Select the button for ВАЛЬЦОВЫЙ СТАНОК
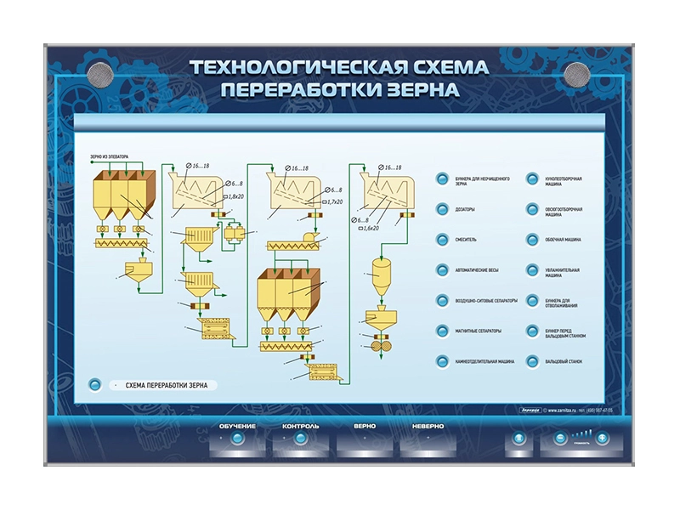pyautogui.click(x=533, y=361)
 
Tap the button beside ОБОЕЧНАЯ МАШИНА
pyautogui.click(x=533, y=240)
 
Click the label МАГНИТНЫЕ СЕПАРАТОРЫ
pyautogui.click(x=479, y=331)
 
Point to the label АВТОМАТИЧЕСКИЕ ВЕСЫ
pyautogui.click(x=479, y=270)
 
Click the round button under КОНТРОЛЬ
pyautogui.click(x=300, y=439)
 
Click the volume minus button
pyautogui.click(x=560, y=439)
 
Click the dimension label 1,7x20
pyautogui.click(x=334, y=201)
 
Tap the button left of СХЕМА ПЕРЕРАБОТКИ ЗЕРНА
pyautogui.click(x=95, y=385)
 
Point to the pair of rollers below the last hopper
pyautogui.click(x=376, y=349)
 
